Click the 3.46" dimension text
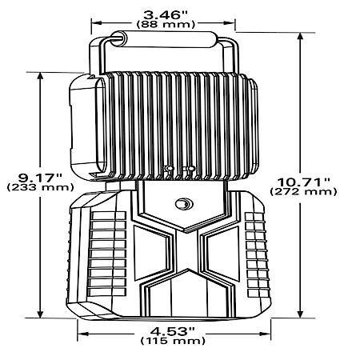[166, 15]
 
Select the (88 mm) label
[166, 25]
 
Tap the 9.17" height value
[40, 177]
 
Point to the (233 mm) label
[40, 187]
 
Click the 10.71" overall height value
[304, 182]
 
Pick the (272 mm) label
[303, 192]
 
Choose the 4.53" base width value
[173, 331]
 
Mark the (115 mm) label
[173, 341]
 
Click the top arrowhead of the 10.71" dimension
[300, 36]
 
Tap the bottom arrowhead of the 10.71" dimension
[300, 314]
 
